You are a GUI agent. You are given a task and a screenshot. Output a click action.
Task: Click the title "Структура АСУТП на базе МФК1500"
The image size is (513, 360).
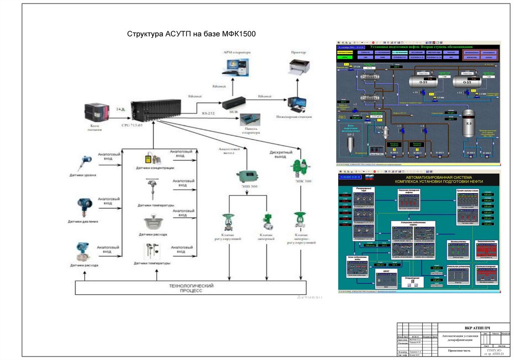[191, 35]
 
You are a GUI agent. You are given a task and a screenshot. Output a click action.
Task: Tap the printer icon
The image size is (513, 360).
[300, 66]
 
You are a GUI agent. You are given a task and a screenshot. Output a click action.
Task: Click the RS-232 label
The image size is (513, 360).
[208, 114]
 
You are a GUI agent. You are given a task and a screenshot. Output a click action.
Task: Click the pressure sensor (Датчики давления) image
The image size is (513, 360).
[83, 206]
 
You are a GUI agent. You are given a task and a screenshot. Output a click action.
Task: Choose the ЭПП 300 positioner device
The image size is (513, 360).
[247, 176]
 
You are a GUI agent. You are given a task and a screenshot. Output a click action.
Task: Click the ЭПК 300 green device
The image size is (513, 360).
[300, 166]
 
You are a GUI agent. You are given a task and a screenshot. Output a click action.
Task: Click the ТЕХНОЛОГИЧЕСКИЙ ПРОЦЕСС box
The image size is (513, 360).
[190, 288]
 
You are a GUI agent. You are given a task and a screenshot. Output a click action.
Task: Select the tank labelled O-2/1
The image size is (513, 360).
[424, 81]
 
